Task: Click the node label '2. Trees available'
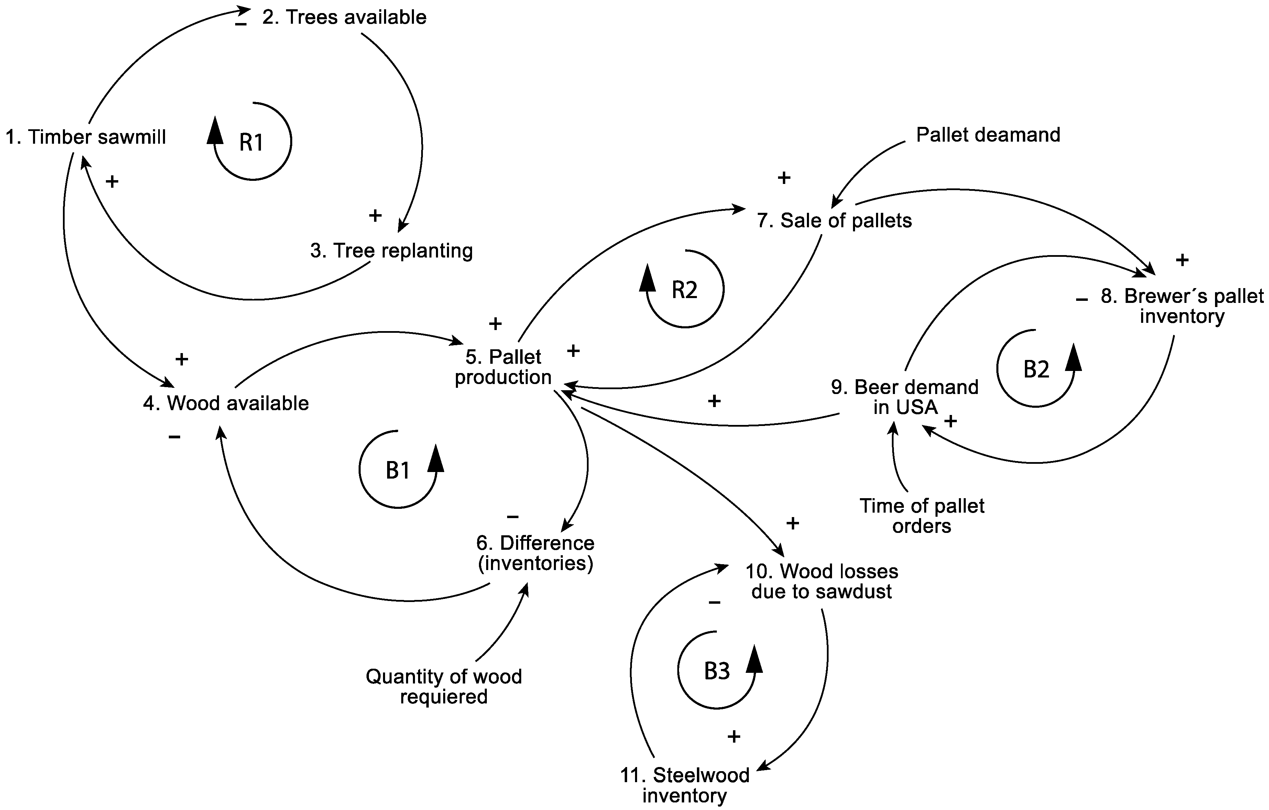click(344, 18)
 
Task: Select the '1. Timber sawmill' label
click(86, 137)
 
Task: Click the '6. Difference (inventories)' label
click(535, 553)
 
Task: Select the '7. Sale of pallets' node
click(834, 220)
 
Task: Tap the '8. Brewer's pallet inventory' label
click(1182, 306)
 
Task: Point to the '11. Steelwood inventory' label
click(685, 785)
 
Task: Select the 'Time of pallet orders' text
click(922, 515)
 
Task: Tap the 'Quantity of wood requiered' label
click(444, 686)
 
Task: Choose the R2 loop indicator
click(685, 290)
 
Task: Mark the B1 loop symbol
click(398, 470)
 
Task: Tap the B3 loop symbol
click(717, 671)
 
